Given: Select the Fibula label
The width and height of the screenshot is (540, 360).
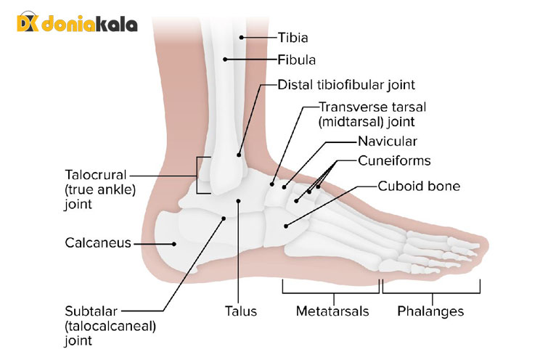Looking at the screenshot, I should coord(295,59).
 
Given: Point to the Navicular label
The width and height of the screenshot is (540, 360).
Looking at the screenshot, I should coord(388,140).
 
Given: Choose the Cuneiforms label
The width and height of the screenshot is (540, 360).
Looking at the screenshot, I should coord(395,160).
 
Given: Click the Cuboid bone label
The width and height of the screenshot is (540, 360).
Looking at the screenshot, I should coord(419,186).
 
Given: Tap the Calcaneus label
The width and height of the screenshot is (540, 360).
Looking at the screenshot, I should coord(97,243).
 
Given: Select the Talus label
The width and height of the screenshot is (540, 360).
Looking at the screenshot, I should coord(241,311).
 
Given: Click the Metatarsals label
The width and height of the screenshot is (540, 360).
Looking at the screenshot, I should coord(332,311).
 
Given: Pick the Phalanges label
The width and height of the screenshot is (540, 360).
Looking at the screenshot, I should coord(431,311).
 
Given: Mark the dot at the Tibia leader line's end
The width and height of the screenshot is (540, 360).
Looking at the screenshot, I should coord(242,36).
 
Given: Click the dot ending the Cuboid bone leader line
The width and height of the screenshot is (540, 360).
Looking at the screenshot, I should coord(286,226).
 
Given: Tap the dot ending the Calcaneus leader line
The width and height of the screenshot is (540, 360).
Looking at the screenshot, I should coord(175,243).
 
